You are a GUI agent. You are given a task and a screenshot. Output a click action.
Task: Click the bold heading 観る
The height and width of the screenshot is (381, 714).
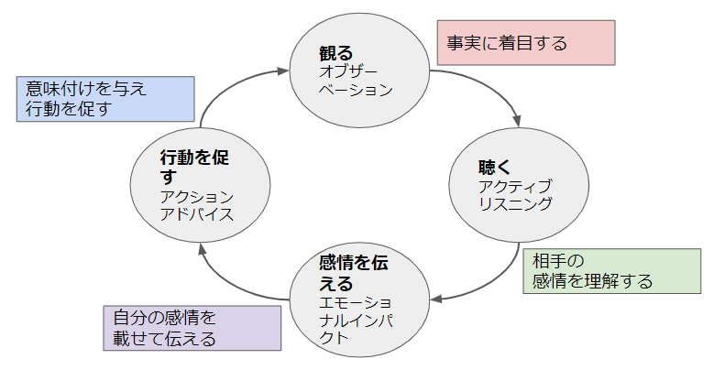coord(335,52)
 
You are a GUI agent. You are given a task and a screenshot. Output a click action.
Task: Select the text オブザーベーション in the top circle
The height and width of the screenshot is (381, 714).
coord(354,81)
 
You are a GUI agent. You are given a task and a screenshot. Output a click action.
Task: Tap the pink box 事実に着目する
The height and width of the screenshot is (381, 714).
coord(525,43)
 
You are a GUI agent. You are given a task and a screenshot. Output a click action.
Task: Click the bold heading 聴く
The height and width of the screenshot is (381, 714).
coord(494,168)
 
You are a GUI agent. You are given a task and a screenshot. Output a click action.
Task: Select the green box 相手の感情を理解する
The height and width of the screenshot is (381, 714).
coord(610,270)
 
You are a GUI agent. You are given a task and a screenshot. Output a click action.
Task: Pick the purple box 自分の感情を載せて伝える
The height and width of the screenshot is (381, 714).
coord(192,329)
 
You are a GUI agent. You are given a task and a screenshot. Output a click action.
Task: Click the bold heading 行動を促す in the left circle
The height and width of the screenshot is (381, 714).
coord(194,167)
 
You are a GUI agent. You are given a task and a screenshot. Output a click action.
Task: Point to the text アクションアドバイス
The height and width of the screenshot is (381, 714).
coord(197,206)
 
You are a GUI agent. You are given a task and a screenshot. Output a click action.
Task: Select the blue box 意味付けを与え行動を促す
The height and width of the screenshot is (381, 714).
coord(105,98)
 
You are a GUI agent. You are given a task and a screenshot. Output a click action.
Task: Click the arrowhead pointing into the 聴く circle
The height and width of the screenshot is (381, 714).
coord(518,121)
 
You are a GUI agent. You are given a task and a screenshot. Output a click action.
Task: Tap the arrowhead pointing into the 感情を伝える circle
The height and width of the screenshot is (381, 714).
coord(437,298)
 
